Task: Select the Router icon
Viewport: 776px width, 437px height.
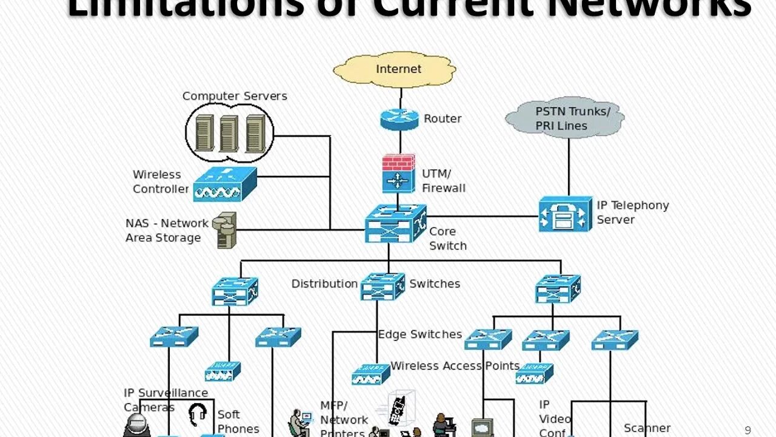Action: point(400,118)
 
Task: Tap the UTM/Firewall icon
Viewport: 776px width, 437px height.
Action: point(398,174)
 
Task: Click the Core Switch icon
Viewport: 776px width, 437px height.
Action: point(395,223)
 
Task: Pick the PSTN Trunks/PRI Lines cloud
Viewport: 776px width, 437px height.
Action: point(564,118)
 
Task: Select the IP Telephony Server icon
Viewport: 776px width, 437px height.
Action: point(565,214)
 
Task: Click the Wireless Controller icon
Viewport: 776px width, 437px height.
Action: point(225,185)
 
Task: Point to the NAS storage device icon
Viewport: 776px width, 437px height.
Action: point(226,229)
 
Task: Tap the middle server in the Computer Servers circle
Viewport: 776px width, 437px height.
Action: point(229,133)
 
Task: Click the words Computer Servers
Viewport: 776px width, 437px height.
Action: point(235,96)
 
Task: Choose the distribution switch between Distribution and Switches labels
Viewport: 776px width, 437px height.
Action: point(383,286)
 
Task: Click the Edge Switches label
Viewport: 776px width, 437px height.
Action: point(420,334)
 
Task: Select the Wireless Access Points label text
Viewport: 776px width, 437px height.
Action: point(455,366)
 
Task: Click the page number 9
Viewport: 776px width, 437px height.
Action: point(748,430)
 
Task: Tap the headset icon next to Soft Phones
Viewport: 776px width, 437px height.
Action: point(198,415)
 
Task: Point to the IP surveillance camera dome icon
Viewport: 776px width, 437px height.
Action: point(136,424)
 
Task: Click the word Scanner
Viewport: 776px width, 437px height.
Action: point(647,428)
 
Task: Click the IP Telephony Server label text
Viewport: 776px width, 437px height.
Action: point(632,212)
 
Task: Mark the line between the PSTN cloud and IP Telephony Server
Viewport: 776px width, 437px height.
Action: point(569,167)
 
